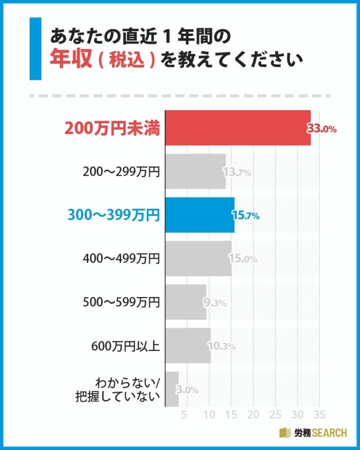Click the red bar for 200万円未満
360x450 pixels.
click(237, 128)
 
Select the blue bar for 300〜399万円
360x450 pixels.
click(200, 215)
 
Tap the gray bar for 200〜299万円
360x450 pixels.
click(195, 172)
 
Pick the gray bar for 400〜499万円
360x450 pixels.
click(198, 259)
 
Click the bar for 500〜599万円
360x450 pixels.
click(186, 302)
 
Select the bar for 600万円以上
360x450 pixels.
click(188, 345)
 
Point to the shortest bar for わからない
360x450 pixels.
click(172, 389)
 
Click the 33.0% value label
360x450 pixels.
click(322, 129)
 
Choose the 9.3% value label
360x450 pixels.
click(215, 303)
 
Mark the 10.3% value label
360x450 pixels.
click(222, 346)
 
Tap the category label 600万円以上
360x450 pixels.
click(125, 346)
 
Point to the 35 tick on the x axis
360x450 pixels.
click(319, 415)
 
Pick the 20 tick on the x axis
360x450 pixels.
click(253, 415)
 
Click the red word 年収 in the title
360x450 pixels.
click(71, 58)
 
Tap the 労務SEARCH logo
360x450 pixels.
click(313, 433)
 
